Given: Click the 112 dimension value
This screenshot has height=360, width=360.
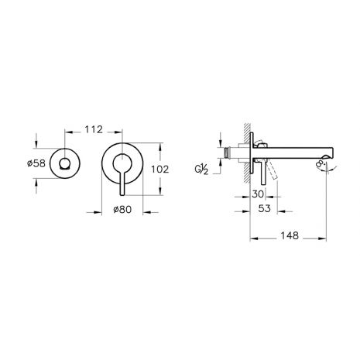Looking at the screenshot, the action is click(x=94, y=129).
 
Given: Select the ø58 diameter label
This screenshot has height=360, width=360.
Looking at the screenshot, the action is click(x=36, y=163).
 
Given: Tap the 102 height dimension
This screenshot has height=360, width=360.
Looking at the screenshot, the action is click(x=160, y=170).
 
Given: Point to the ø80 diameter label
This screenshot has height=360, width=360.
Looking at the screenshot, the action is click(x=122, y=209).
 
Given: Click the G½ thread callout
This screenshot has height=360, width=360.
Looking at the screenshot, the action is click(x=201, y=170).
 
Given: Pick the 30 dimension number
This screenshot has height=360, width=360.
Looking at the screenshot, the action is click(x=258, y=194).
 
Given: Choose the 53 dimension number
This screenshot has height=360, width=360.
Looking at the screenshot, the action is click(x=265, y=208).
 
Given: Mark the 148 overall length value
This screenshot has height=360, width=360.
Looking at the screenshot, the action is click(x=290, y=235).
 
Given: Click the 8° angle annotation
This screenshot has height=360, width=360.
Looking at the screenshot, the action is click(x=320, y=164).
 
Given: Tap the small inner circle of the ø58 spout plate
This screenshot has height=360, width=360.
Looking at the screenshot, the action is click(x=64, y=164).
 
